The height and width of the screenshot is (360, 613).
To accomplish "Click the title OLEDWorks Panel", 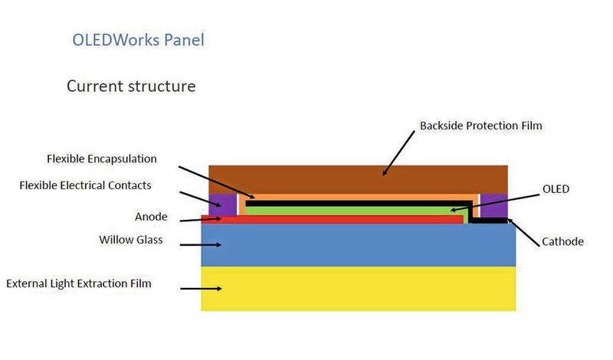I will coord(138,40).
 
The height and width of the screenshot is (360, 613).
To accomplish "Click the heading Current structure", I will coord(130,86).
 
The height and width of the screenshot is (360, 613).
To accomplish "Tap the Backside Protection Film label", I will coord(480,126).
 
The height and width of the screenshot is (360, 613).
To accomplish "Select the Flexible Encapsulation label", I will coord(101,159).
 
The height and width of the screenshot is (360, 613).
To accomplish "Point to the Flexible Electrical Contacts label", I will coord(85,185).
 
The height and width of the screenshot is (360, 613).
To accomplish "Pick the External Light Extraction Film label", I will coord(79,283).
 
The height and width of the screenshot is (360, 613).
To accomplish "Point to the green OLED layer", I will coord(345,209).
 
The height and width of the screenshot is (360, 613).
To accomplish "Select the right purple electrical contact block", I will coord(493,204).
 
